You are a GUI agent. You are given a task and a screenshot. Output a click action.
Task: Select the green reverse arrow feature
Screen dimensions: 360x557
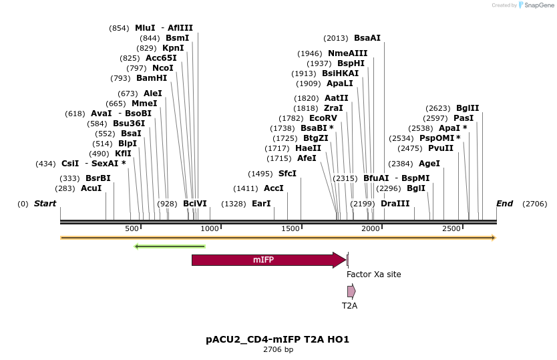pyautogui.click(x=170, y=246)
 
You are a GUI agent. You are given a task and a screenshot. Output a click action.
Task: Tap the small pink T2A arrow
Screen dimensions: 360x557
pyautogui.click(x=351, y=291)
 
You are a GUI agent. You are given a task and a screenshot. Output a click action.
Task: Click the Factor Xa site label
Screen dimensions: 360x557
pyautogui.click(x=373, y=275)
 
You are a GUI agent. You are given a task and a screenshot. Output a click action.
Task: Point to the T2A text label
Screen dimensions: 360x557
pyautogui.click(x=349, y=306)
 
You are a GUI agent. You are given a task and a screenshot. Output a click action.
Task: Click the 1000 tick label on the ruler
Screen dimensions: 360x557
pyautogui.click(x=210, y=229)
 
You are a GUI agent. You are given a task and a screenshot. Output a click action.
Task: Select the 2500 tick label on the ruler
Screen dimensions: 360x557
pyautogui.click(x=451, y=229)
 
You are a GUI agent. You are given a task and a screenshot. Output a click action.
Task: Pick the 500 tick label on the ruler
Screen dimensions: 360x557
pyautogui.click(x=132, y=229)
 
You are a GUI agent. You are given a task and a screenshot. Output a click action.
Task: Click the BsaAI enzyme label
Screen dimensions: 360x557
pyautogui.click(x=367, y=38)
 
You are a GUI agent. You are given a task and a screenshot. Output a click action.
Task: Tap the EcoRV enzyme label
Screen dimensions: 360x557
pyautogui.click(x=323, y=118)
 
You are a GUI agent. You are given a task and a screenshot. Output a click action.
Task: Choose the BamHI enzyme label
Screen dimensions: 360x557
pyautogui.click(x=152, y=78)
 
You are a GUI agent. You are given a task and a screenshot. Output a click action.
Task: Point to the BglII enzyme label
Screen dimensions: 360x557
pyautogui.click(x=468, y=108)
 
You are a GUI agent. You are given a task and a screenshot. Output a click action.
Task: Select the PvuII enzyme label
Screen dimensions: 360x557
pyautogui.click(x=441, y=148)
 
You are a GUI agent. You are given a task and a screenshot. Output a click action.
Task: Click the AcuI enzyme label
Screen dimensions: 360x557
pyautogui.click(x=91, y=188)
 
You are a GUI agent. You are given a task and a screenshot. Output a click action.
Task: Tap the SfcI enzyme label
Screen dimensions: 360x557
pyautogui.click(x=287, y=174)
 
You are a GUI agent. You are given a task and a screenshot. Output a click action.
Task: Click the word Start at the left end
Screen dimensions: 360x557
pyautogui.click(x=45, y=204)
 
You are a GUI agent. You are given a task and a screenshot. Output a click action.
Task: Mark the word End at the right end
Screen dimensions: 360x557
pyautogui.click(x=505, y=204)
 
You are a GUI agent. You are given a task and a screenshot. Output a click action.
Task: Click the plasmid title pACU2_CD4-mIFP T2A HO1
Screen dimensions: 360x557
pyautogui.click(x=278, y=339)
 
